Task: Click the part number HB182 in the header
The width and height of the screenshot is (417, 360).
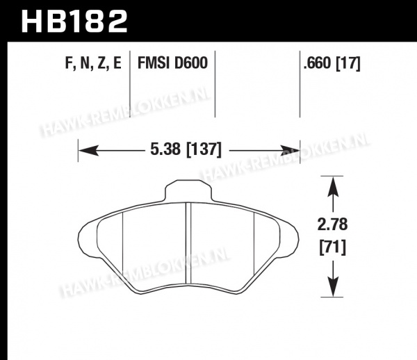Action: [74, 22]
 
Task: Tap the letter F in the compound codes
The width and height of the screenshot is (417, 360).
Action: [69, 63]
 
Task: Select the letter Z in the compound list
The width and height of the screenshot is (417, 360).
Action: [101, 63]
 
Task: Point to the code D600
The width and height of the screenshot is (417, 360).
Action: [190, 63]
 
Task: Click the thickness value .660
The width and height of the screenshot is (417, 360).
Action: [318, 63]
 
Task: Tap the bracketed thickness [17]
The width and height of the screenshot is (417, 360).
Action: [348, 63]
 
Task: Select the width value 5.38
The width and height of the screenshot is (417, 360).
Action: [165, 149]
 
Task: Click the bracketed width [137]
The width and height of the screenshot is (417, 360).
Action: [204, 149]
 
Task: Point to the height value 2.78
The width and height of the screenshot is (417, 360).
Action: [332, 224]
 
